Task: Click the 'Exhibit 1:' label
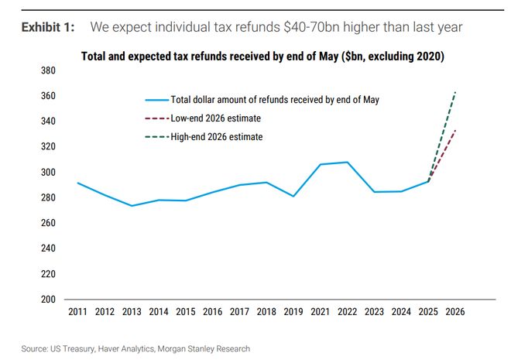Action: [x=48, y=28]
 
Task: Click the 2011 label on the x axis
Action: [x=77, y=313]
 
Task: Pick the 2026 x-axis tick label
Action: [x=454, y=313]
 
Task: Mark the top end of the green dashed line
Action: [x=455, y=92]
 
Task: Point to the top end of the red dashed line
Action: [x=455, y=129]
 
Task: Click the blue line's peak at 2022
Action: [x=346, y=162]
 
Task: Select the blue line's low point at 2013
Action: [x=131, y=206]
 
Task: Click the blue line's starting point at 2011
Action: [x=77, y=183]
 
